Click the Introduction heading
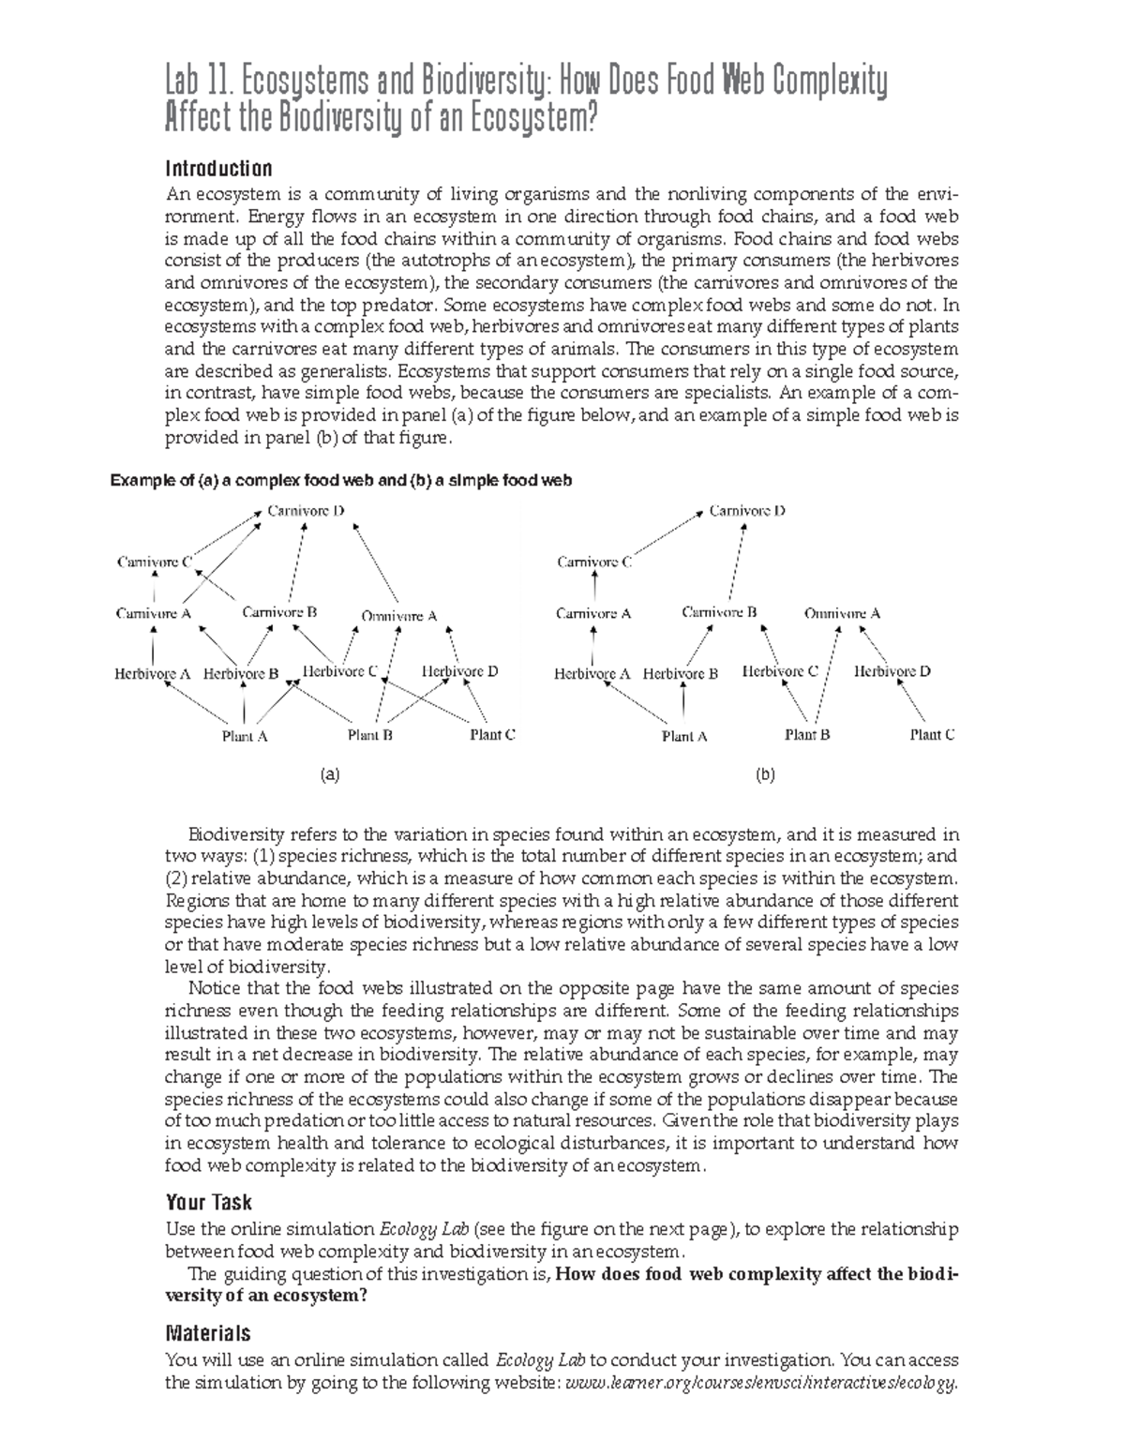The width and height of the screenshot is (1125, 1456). (218, 169)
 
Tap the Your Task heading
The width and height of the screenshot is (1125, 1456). (208, 1202)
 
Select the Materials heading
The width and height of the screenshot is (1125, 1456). (207, 1332)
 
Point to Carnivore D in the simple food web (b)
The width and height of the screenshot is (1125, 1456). (747, 511)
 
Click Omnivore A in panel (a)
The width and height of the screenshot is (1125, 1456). (399, 616)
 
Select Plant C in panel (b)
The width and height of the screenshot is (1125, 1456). (932, 735)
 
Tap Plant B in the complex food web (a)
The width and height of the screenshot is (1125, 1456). (369, 735)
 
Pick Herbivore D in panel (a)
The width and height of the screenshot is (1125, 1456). (459, 671)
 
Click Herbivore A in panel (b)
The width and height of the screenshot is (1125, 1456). (592, 673)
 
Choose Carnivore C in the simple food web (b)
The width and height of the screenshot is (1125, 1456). (594, 563)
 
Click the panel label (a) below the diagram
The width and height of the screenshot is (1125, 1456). (328, 775)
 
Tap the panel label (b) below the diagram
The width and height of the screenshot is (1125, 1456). (765, 775)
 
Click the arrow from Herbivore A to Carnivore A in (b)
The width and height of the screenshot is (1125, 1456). (592, 644)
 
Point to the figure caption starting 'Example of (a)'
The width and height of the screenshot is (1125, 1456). (340, 480)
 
